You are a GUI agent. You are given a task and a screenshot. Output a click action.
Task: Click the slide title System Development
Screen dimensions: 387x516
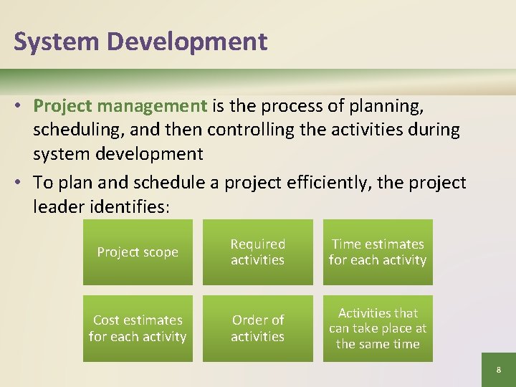point(140,42)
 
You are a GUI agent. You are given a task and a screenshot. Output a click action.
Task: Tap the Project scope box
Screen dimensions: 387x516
point(138,252)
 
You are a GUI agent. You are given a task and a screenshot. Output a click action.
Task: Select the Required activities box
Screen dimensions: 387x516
point(258,252)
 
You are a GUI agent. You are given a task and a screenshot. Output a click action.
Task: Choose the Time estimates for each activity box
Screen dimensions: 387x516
point(378,252)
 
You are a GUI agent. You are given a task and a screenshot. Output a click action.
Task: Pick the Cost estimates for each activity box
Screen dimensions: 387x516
point(138,328)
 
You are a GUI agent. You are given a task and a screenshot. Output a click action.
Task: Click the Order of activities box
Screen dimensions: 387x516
point(258,328)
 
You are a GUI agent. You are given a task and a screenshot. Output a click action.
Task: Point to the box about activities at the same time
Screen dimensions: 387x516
point(378,328)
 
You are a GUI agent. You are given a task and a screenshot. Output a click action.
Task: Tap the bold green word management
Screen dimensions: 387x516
point(152,107)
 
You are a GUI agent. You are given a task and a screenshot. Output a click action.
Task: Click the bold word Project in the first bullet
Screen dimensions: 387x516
point(63,107)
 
